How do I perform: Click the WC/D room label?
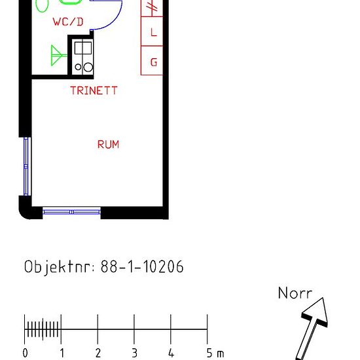point(68,22)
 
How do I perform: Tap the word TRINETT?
point(94,90)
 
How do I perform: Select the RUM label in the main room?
point(109,145)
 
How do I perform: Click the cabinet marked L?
point(152,31)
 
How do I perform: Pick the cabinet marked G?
point(152,60)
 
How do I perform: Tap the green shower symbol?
point(58,56)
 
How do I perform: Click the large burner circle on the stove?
point(88,67)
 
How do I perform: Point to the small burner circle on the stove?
point(78,67)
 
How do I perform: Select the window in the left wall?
point(26,166)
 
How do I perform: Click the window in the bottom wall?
point(71,212)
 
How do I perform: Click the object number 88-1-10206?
point(142,266)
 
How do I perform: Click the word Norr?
point(295,293)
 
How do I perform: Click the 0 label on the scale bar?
point(26,353)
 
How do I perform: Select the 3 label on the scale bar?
point(135,353)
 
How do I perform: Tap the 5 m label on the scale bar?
point(215,353)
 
